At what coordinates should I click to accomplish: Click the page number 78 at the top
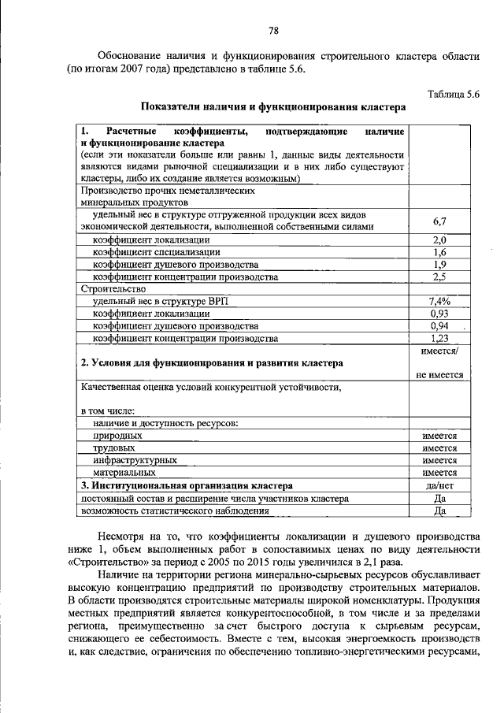(273, 31)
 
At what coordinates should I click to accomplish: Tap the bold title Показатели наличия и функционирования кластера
(273, 106)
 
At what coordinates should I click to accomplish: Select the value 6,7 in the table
(439, 221)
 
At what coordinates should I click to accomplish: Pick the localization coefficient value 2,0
(439, 240)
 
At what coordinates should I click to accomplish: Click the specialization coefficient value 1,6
(439, 252)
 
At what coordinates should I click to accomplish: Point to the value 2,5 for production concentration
(439, 277)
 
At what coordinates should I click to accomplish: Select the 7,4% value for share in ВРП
(439, 302)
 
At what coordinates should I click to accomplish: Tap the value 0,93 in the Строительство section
(439, 314)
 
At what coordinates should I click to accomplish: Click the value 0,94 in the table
(439, 326)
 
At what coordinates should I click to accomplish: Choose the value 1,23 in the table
(439, 339)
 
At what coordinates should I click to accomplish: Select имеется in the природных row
(439, 435)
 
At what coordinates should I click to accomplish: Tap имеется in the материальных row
(439, 473)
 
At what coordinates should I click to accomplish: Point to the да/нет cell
(439, 486)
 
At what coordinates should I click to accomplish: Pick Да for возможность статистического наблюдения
(439, 511)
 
